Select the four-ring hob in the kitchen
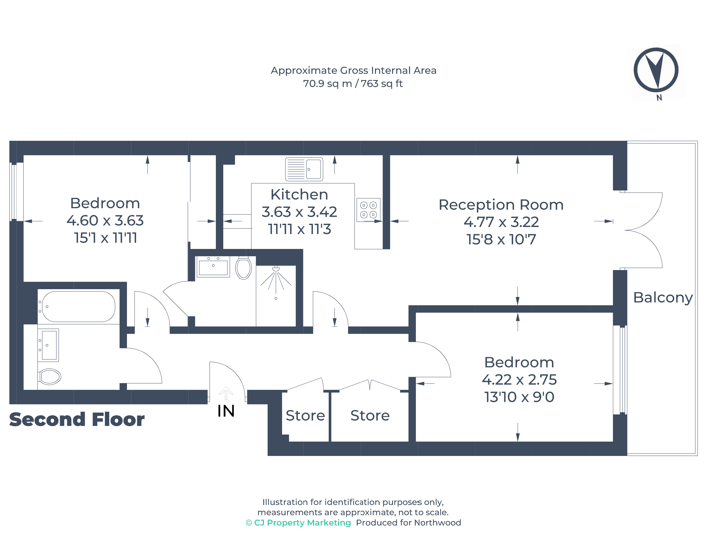click(368, 210)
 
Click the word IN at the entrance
click(226, 411)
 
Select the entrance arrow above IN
click(226, 393)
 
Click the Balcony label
click(663, 297)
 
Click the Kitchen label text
click(299, 194)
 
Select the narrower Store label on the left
click(305, 416)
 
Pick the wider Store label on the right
click(370, 416)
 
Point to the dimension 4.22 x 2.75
click(519, 380)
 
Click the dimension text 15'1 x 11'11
click(105, 238)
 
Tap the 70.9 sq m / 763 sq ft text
click(353, 83)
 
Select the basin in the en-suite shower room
click(213, 266)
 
